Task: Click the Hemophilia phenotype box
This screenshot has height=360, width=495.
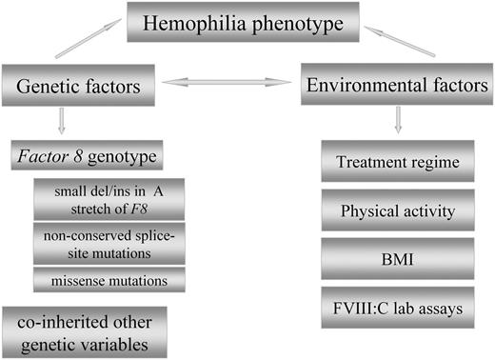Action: click(x=247, y=23)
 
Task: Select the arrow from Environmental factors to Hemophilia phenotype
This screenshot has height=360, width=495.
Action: click(x=405, y=44)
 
